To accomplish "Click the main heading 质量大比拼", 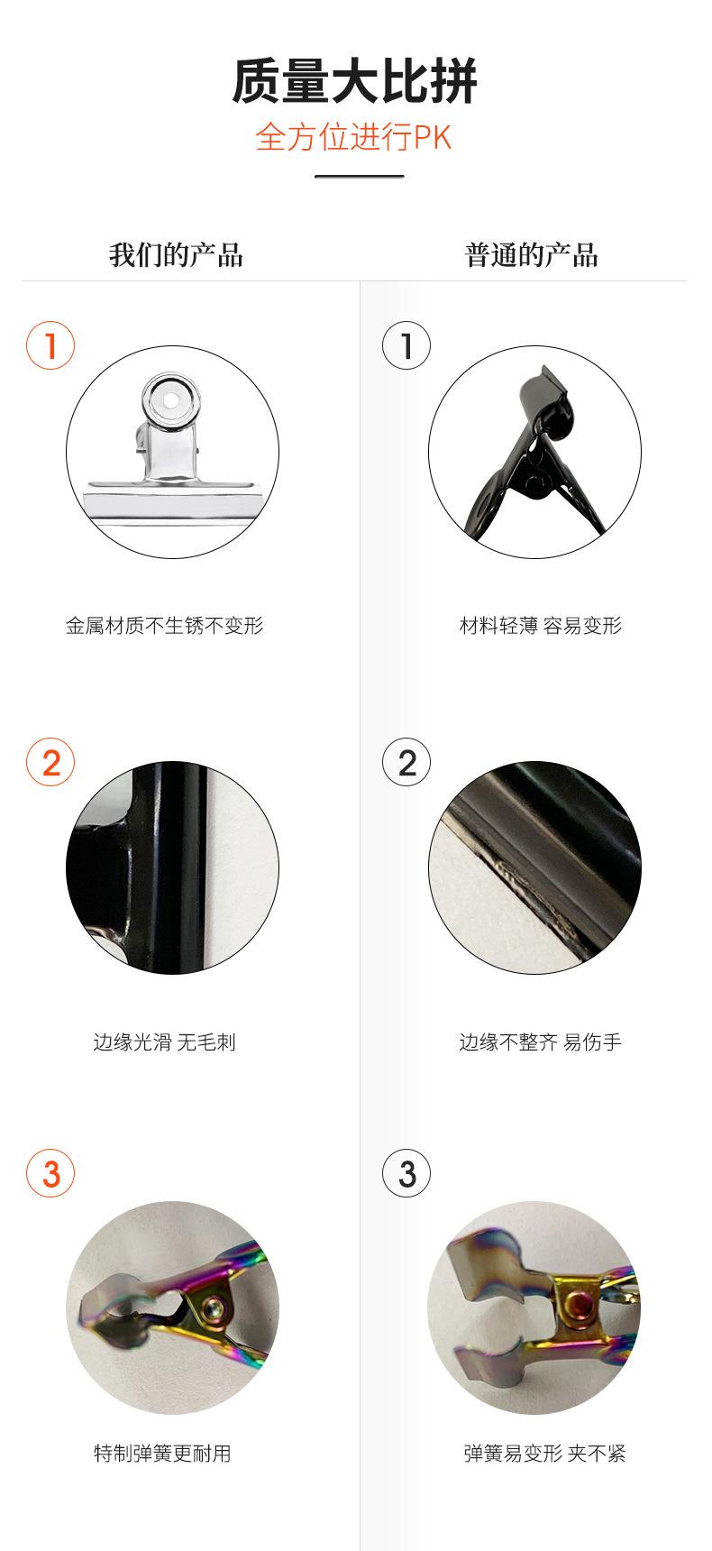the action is point(355,81).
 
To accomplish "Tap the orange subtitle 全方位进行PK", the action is point(354,137).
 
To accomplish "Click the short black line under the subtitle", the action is point(359,176).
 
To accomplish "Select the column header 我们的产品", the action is point(177,255).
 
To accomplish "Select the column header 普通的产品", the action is point(532,255).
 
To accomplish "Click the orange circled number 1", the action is point(50,345).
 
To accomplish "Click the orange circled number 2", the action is point(50,762).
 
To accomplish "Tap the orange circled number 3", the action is point(50,1173).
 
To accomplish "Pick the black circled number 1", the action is point(406,345).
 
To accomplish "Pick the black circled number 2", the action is point(406,762).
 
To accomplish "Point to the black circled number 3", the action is point(406,1173).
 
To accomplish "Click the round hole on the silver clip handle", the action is point(171,397).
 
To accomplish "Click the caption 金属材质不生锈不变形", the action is point(165,626).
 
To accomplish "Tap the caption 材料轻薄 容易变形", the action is point(541,626).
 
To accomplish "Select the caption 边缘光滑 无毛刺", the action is point(165,1042).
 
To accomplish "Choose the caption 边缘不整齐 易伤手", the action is point(541,1042).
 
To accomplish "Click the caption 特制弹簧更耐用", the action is point(162,1454).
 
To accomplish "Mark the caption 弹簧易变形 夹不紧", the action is point(544,1454).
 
